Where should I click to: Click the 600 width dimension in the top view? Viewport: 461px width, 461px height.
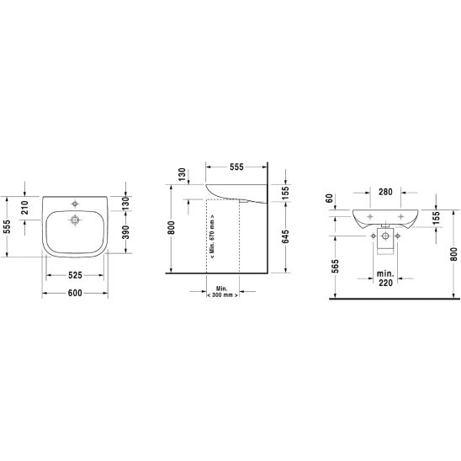pyautogui.click(x=75, y=293)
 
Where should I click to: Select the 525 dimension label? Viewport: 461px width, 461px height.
pyautogui.click(x=75, y=275)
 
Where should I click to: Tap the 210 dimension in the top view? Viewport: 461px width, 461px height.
pyautogui.click(x=25, y=208)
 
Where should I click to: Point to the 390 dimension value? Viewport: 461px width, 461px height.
pyautogui.click(x=125, y=232)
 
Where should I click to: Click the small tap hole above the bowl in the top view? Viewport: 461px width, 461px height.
pyautogui.click(x=75, y=204)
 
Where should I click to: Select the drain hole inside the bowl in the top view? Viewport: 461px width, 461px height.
pyautogui.click(x=75, y=220)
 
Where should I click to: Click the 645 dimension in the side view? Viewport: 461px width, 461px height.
pyautogui.click(x=285, y=237)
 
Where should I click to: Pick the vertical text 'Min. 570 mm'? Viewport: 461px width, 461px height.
pyautogui.click(x=213, y=236)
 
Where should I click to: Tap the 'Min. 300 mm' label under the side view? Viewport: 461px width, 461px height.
pyautogui.click(x=223, y=292)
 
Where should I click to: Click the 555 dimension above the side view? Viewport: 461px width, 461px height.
pyautogui.click(x=236, y=167)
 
